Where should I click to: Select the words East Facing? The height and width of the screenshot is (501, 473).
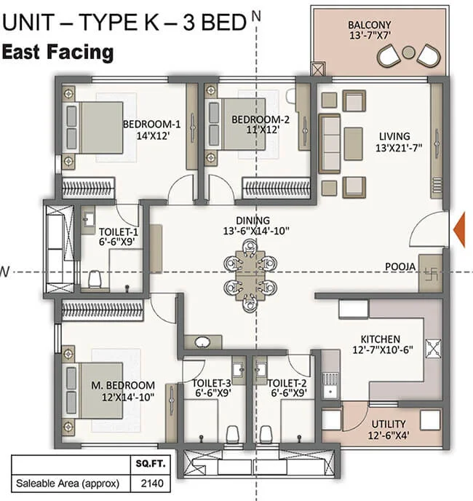(57, 52)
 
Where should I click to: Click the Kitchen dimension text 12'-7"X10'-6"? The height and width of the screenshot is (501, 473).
(379, 351)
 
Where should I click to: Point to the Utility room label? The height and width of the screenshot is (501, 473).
(387, 424)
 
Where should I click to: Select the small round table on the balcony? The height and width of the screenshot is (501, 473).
(409, 52)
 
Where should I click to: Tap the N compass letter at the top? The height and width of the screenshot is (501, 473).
(254, 13)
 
